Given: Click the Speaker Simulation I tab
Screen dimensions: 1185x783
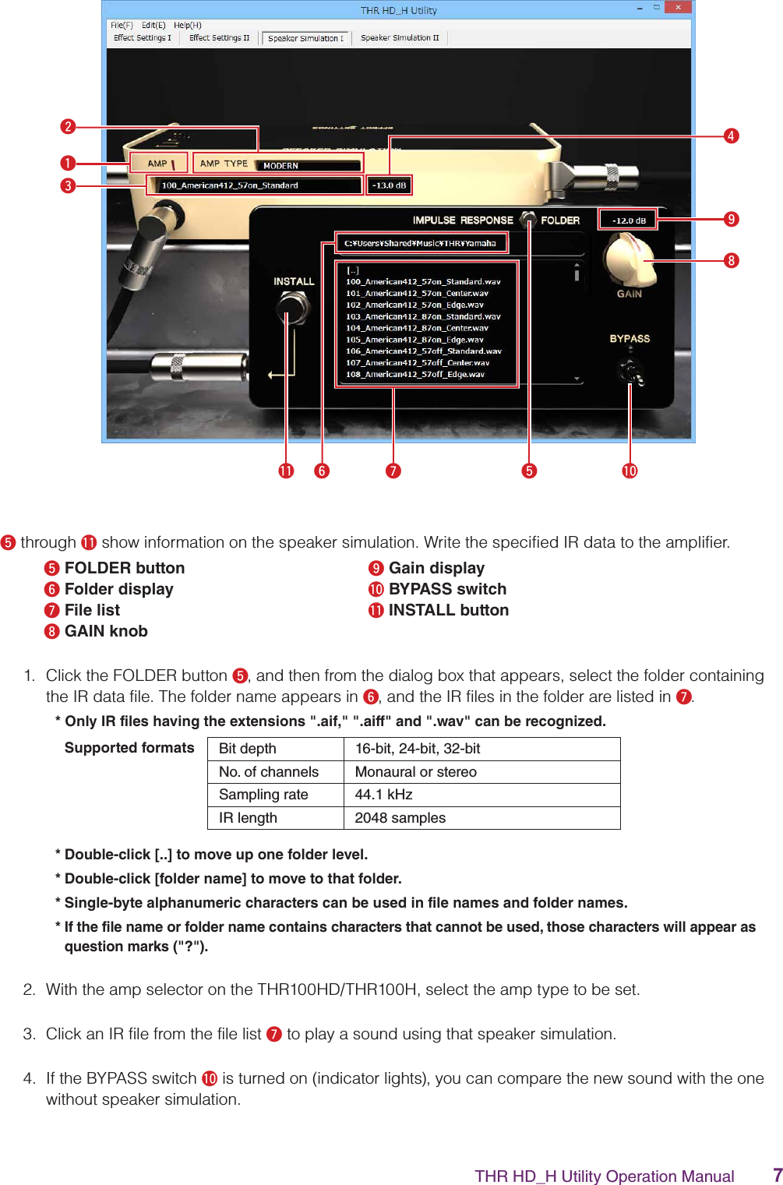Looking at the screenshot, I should click(x=305, y=38).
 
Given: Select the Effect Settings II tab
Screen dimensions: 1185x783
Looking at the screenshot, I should click(x=219, y=37).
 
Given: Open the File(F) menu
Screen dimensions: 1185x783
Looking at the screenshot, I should click(x=122, y=25).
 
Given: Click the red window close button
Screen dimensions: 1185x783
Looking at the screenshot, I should click(x=678, y=8).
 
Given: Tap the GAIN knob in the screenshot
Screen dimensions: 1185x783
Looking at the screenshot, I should click(x=630, y=261).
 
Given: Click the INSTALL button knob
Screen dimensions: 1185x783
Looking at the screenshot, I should click(x=292, y=309).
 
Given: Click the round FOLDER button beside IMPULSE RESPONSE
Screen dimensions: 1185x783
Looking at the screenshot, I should click(x=528, y=219).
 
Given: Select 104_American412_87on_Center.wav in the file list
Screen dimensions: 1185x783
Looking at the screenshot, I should click(x=417, y=328).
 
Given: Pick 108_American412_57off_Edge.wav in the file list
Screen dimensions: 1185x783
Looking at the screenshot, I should click(x=414, y=375).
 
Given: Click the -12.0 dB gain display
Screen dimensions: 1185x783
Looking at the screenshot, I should click(x=628, y=220).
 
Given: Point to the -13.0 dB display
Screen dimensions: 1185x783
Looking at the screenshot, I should click(x=389, y=185).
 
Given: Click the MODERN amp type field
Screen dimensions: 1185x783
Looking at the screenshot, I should click(x=309, y=165).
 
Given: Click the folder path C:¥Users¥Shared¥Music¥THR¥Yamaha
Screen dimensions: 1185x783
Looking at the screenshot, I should click(x=421, y=243).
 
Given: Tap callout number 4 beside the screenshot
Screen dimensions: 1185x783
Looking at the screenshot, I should click(x=731, y=136).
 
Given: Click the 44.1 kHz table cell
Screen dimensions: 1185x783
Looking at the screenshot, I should click(x=383, y=795).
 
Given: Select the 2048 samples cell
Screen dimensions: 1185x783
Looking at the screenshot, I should click(x=400, y=818).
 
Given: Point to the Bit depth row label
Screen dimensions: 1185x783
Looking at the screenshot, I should click(x=248, y=749).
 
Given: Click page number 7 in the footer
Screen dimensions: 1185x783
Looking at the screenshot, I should click(x=777, y=1175).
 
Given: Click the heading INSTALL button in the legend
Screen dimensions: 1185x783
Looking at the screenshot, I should click(x=448, y=610).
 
